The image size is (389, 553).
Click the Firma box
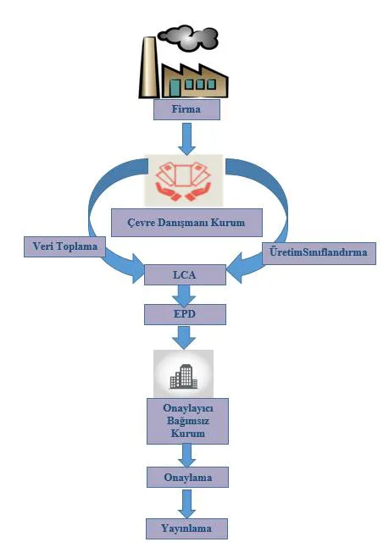click(x=186, y=109)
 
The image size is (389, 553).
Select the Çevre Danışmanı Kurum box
click(x=186, y=222)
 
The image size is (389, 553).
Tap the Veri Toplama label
click(x=64, y=246)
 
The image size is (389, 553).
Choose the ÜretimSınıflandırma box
click(x=319, y=253)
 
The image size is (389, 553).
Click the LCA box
click(x=185, y=274)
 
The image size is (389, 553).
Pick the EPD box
click(x=185, y=314)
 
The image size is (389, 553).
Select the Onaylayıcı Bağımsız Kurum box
click(x=187, y=421)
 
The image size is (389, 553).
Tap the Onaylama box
click(x=187, y=478)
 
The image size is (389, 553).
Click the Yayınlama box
click(x=186, y=528)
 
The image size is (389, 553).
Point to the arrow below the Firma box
click(x=186, y=139)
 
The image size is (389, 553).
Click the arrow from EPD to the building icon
click(x=184, y=338)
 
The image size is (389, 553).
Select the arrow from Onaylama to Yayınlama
click(x=186, y=504)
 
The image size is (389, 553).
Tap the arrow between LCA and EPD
click(x=184, y=296)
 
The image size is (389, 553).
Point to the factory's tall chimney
click(x=148, y=67)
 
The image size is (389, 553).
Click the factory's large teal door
click(x=175, y=87)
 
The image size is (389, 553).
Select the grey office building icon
click(x=184, y=377)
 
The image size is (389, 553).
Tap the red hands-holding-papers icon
click(x=184, y=181)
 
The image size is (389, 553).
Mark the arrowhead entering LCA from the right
click(x=235, y=268)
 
